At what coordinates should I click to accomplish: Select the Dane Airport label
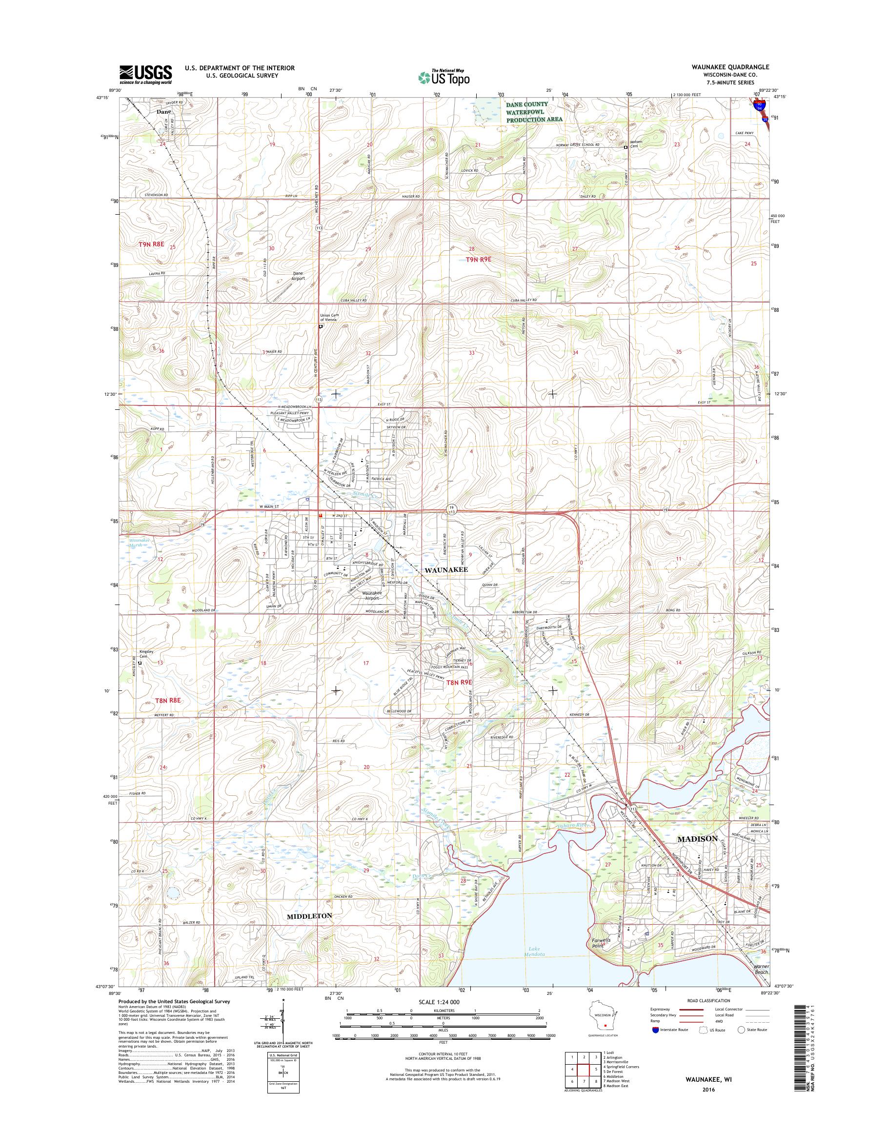(298, 276)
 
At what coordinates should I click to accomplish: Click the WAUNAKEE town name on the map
(446, 570)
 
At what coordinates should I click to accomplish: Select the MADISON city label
(697, 853)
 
